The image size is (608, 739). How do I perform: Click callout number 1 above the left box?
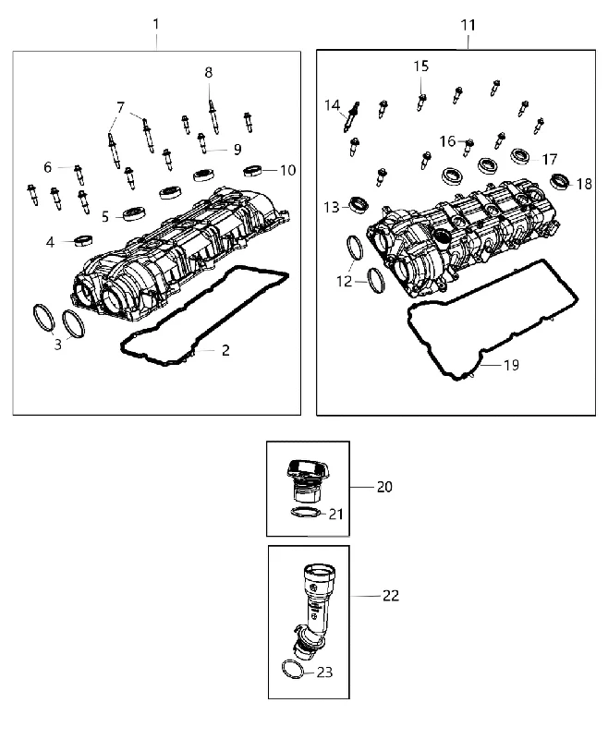(156, 24)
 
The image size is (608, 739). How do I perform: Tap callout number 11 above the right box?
(468, 25)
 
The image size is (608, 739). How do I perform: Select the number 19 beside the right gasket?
(511, 365)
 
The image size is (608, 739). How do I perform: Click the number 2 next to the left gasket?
(225, 350)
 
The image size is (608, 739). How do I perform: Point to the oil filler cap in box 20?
(303, 479)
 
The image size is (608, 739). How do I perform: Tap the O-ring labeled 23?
(292, 669)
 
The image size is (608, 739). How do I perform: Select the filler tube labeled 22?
(311, 608)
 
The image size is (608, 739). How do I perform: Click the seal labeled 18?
(560, 181)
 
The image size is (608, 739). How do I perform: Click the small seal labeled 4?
(83, 240)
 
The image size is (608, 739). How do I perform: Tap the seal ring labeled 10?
(252, 171)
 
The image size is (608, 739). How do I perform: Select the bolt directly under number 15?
(420, 103)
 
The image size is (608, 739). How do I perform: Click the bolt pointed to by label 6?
(79, 175)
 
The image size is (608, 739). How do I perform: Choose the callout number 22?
(391, 596)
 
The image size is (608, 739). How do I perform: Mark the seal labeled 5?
(134, 213)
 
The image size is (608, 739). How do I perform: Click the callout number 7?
(121, 108)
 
